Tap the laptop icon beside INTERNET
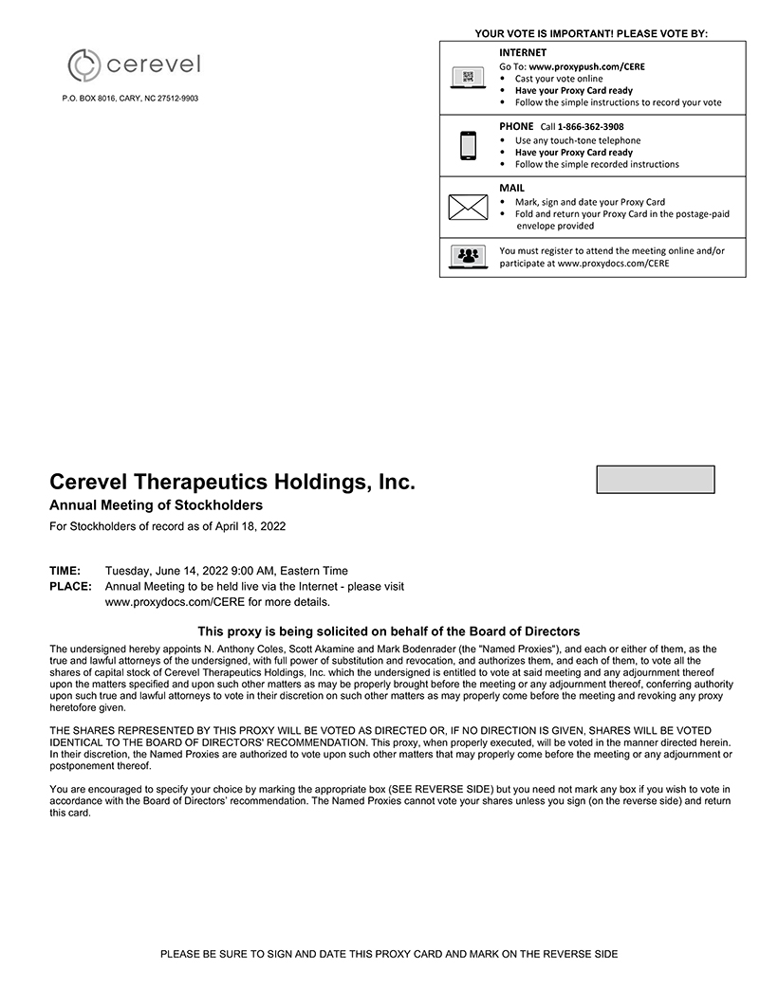click(468, 79)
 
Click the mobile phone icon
click(468, 146)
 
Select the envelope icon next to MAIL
click(468, 207)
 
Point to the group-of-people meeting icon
click(468, 256)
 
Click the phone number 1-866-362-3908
click(590, 127)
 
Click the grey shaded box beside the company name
click(655, 480)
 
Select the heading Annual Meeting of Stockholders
click(156, 505)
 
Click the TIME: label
click(65, 571)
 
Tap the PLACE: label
click(70, 587)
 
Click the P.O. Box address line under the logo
click(130, 99)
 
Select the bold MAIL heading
click(511, 188)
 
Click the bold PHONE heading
click(516, 126)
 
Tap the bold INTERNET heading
click(523, 52)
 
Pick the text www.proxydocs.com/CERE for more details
click(217, 602)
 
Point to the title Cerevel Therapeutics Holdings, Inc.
click(232, 482)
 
